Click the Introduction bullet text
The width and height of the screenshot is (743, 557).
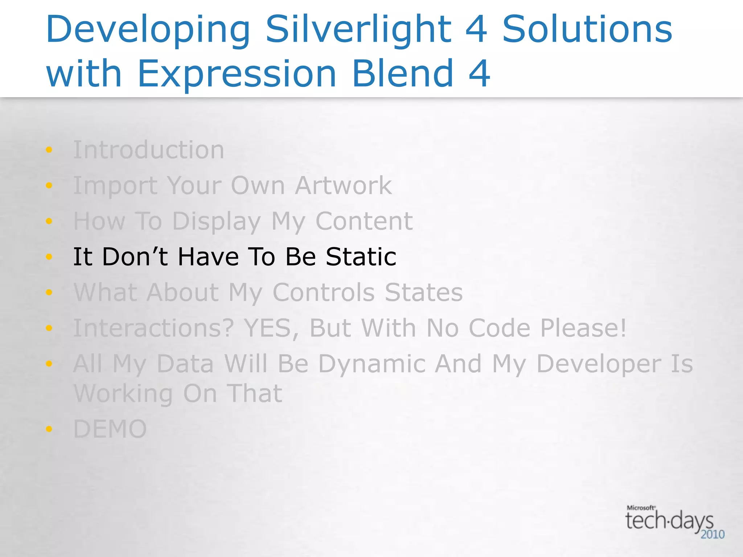[149, 150]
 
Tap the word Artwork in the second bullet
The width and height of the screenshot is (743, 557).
[343, 185]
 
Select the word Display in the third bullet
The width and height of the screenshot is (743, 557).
[216, 221]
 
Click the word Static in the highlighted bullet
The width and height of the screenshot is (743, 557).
[361, 257]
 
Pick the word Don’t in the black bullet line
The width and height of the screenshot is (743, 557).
[135, 257]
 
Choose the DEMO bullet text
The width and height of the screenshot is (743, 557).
[110, 429]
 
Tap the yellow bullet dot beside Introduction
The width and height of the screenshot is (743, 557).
[49, 150]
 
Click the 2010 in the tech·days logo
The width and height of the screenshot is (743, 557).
[712, 535]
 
